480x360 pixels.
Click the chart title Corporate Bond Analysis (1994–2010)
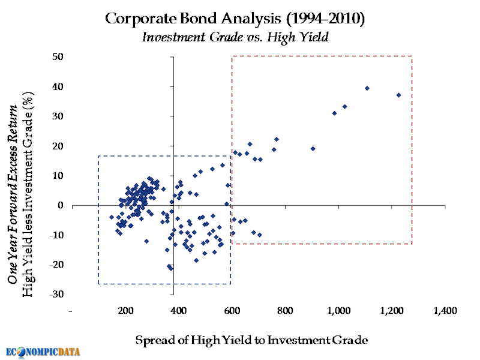235,19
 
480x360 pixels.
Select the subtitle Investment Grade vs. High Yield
235,37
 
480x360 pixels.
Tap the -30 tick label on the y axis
58,294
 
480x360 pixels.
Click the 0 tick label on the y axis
61,205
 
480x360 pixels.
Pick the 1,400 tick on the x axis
445,311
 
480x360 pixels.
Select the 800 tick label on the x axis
285,311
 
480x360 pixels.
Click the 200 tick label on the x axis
125,311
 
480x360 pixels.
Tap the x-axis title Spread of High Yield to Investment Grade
251,340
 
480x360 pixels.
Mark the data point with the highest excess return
367,88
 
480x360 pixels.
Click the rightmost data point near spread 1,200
398,95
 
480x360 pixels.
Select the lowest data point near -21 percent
171,268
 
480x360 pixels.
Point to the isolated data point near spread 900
313,148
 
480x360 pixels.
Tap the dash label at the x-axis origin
71,311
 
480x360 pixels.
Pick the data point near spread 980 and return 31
334,113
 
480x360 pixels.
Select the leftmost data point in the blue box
112,217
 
